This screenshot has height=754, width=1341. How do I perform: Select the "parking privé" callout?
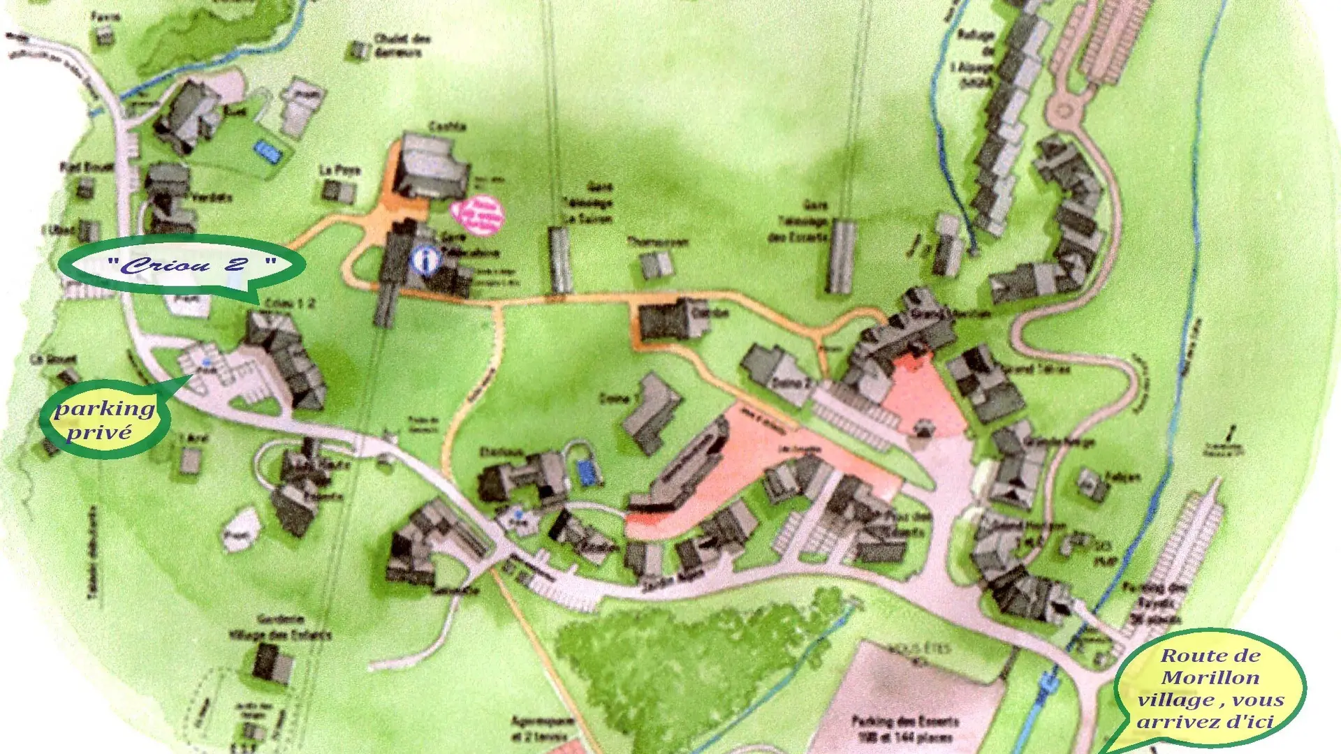click(105, 419)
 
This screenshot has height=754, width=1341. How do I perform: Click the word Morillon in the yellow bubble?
click(1210, 677)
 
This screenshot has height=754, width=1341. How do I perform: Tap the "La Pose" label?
click(340, 170)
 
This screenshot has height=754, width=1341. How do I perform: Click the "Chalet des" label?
click(402, 38)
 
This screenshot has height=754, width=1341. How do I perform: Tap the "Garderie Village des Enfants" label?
click(280, 627)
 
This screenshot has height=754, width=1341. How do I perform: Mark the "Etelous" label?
click(501, 452)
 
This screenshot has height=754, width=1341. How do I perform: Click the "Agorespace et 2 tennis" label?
click(543, 727)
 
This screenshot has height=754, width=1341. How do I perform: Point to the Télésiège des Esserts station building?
click(841, 256)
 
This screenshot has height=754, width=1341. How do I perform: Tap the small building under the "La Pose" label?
click(339, 191)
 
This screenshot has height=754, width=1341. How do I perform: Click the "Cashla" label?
click(447, 126)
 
